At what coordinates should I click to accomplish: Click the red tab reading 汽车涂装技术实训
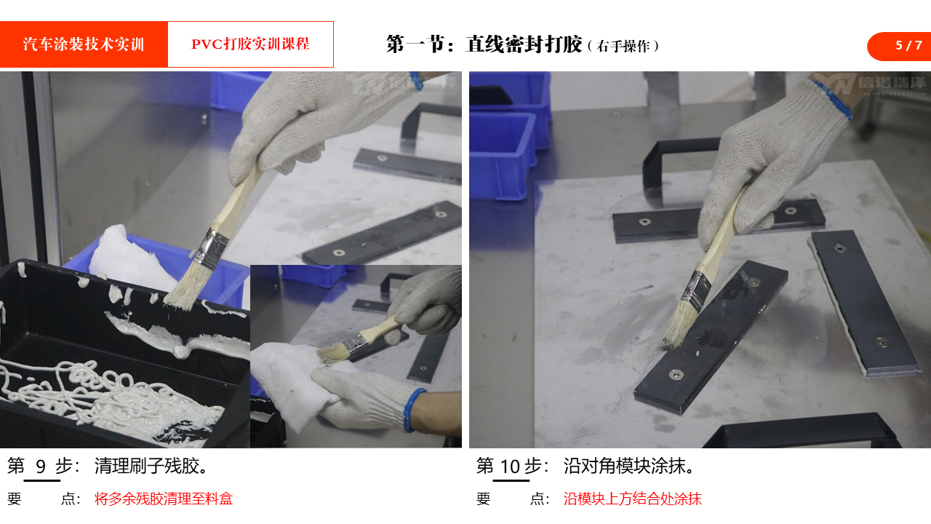coord(84,44)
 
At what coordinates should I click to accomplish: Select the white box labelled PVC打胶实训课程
coord(250,44)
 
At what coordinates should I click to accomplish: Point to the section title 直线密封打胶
coord(524,44)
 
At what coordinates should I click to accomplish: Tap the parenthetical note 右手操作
coord(623,46)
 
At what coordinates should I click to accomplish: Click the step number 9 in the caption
coord(41,467)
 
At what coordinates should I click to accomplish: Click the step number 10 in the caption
coord(510,467)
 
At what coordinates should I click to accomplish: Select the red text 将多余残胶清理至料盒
coord(164,499)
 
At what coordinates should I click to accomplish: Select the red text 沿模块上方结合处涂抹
coord(633,499)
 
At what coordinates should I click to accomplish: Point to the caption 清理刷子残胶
coord(151,467)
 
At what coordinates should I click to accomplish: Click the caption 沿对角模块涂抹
coord(628,467)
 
